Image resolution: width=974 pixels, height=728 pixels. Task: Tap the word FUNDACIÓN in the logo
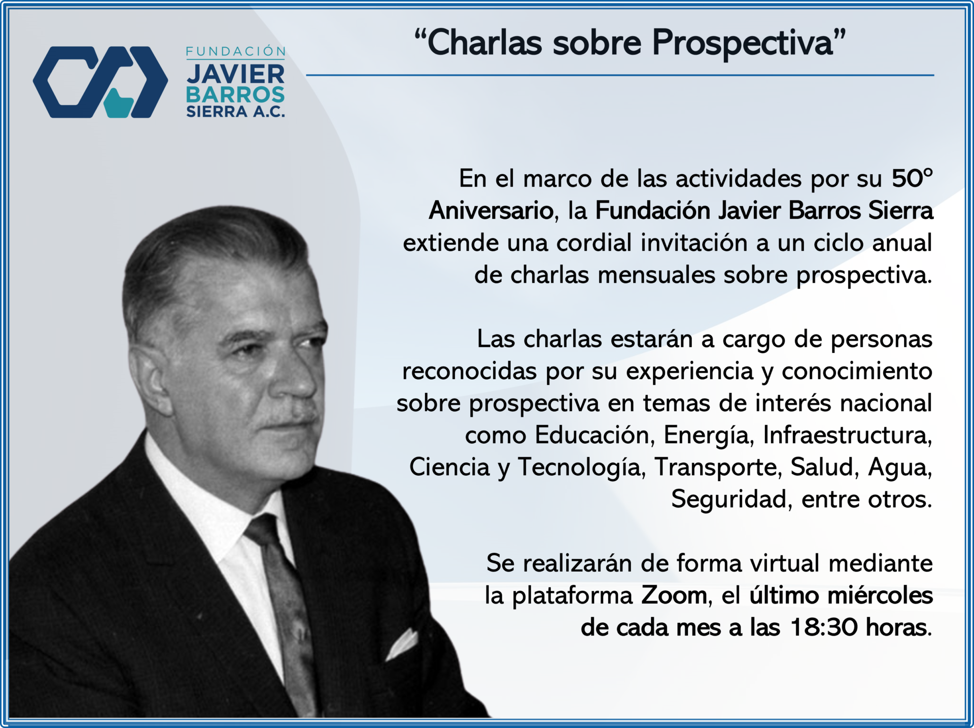(x=236, y=51)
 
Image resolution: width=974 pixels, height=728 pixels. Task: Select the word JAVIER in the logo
(x=236, y=74)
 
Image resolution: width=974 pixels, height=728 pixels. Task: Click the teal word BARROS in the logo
(x=235, y=95)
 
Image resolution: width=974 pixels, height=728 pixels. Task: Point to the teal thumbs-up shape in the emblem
(x=119, y=103)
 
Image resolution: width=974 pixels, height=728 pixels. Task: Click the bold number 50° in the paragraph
(x=912, y=178)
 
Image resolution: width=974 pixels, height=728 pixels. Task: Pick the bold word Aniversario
(x=491, y=210)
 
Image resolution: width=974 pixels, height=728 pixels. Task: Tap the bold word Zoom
(x=674, y=595)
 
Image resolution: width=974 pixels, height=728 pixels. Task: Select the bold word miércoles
(x=880, y=595)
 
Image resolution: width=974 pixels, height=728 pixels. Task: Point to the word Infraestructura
(x=847, y=435)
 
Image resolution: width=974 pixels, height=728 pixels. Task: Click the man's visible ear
(x=148, y=373)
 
